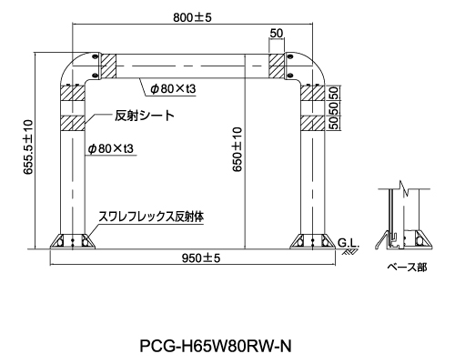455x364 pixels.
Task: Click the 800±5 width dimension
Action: click(192, 17)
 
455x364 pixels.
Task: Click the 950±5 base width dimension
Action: click(201, 258)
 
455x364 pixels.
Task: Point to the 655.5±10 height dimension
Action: click(28, 147)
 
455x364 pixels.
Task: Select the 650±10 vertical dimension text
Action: click(238, 149)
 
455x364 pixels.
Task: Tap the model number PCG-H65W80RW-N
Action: click(216, 346)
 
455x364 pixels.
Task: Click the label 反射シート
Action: click(145, 116)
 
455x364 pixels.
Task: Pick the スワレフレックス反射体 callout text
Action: click(151, 217)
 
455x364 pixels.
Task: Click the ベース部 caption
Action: click(407, 268)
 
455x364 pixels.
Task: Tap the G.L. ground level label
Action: click(349, 243)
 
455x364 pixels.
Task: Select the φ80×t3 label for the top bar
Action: click(173, 88)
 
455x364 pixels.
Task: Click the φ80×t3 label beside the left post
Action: click(110, 148)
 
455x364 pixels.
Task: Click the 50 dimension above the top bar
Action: click(276, 33)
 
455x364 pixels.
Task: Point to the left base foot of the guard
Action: click(73, 241)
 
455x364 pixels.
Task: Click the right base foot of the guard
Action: click(312, 241)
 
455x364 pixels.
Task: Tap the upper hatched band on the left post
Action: click(73, 93)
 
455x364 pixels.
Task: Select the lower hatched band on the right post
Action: click(312, 123)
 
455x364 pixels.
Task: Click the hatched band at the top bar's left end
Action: click(108, 66)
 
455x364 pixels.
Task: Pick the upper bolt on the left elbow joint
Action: click(95, 56)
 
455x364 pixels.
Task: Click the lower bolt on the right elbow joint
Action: click(289, 76)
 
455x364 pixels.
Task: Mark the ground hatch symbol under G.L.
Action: click(349, 252)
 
